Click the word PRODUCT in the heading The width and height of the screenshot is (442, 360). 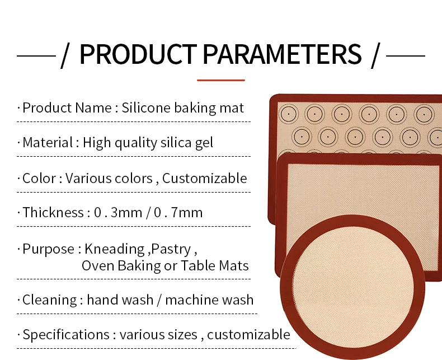tap(138, 54)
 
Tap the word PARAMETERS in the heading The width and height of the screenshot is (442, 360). tap(282, 54)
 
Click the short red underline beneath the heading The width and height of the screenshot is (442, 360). tap(221, 80)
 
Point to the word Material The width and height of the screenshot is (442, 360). tap(48, 143)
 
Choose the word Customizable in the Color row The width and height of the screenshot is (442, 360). tap(205, 179)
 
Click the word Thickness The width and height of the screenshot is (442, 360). tap(53, 213)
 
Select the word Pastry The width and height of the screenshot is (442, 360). tap(172, 249)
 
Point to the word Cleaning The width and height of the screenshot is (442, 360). tap(49, 300)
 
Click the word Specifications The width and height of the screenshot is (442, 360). tap(66, 335)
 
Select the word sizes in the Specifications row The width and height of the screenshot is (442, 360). tap(182, 335)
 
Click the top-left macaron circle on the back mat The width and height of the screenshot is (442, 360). tap(288, 114)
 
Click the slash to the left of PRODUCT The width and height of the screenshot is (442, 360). tap(65, 55)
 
